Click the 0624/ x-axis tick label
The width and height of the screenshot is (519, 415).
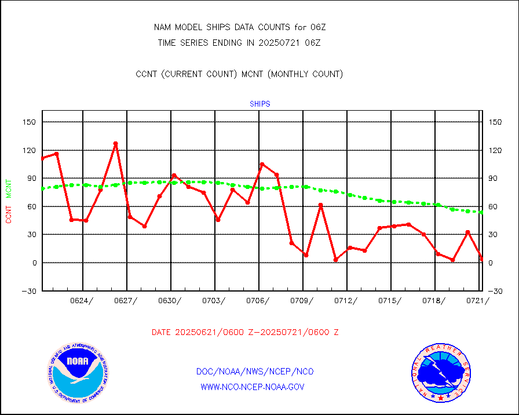tap(82, 300)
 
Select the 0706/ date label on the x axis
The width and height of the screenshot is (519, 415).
tap(258, 300)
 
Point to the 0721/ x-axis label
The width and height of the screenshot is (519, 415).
tap(478, 300)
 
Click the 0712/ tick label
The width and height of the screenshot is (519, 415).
tap(346, 300)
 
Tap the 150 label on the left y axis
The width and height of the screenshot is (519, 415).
tap(31, 122)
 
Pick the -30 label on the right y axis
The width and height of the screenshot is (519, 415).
tap(495, 291)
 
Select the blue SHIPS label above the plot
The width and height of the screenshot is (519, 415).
tap(260, 104)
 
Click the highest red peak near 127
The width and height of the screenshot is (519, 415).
tap(115, 143)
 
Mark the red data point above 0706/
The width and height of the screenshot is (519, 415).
tap(262, 165)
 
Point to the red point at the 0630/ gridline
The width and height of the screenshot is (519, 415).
tap(174, 176)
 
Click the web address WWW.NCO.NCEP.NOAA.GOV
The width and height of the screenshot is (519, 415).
tap(252, 387)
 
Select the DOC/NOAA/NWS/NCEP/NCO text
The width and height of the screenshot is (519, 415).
tap(255, 372)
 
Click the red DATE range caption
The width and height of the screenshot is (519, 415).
tap(245, 333)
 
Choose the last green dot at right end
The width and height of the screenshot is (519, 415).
tap(481, 212)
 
